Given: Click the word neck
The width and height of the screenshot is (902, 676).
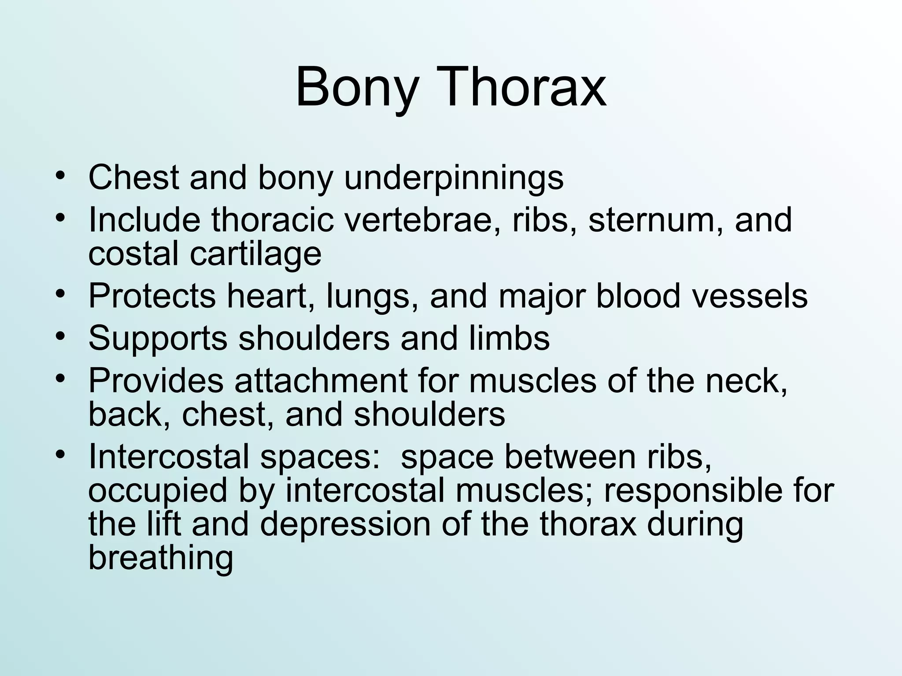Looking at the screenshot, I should tap(746, 381).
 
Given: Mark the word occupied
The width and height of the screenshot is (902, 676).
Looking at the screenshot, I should tap(158, 491).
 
